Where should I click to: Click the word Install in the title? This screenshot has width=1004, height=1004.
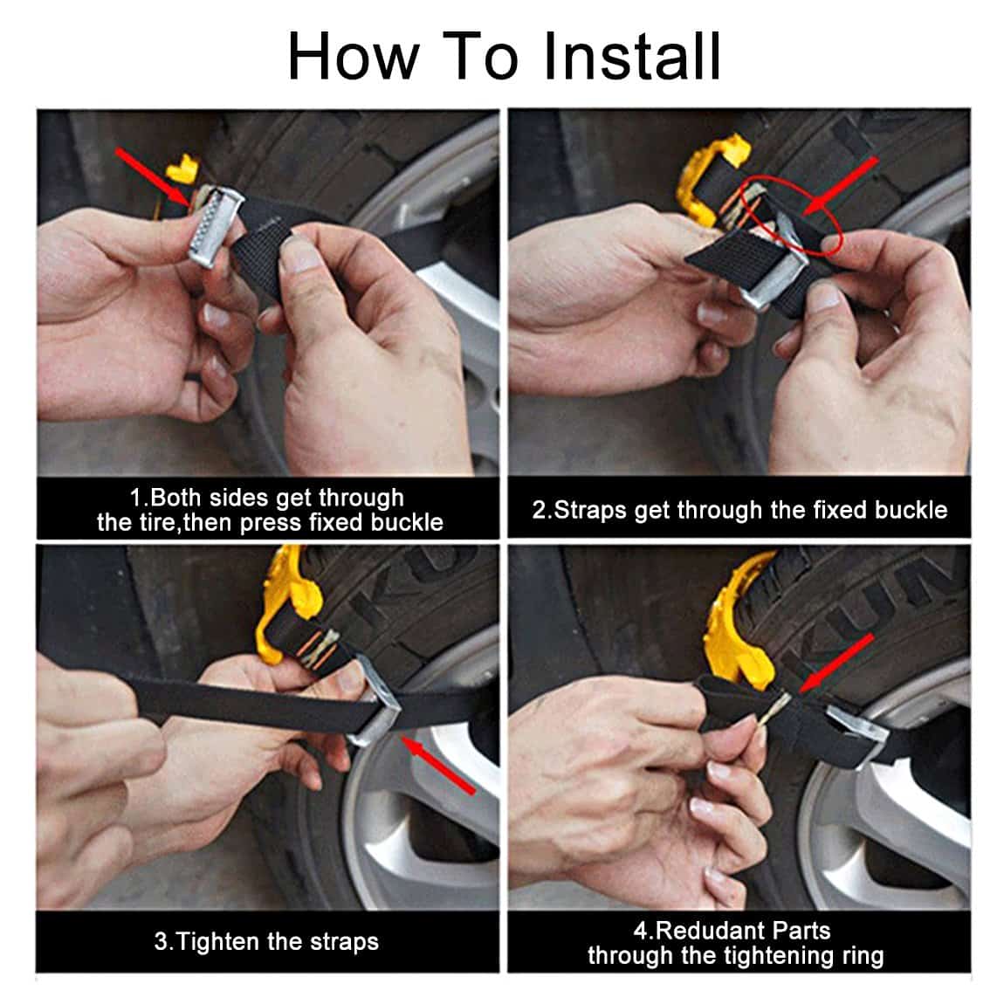pos(632,57)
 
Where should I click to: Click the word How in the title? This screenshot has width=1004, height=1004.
pos(353,57)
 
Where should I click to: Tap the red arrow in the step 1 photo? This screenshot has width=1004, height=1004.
pos(153,176)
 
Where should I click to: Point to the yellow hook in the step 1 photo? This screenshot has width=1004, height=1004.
pos(181,169)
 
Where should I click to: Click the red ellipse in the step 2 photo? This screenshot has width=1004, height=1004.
pos(792,216)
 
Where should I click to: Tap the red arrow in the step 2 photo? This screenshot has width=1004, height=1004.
pos(841,186)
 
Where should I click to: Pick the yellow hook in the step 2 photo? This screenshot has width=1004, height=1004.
pos(707,176)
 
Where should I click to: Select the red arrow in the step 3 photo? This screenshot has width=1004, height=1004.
pos(439,766)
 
